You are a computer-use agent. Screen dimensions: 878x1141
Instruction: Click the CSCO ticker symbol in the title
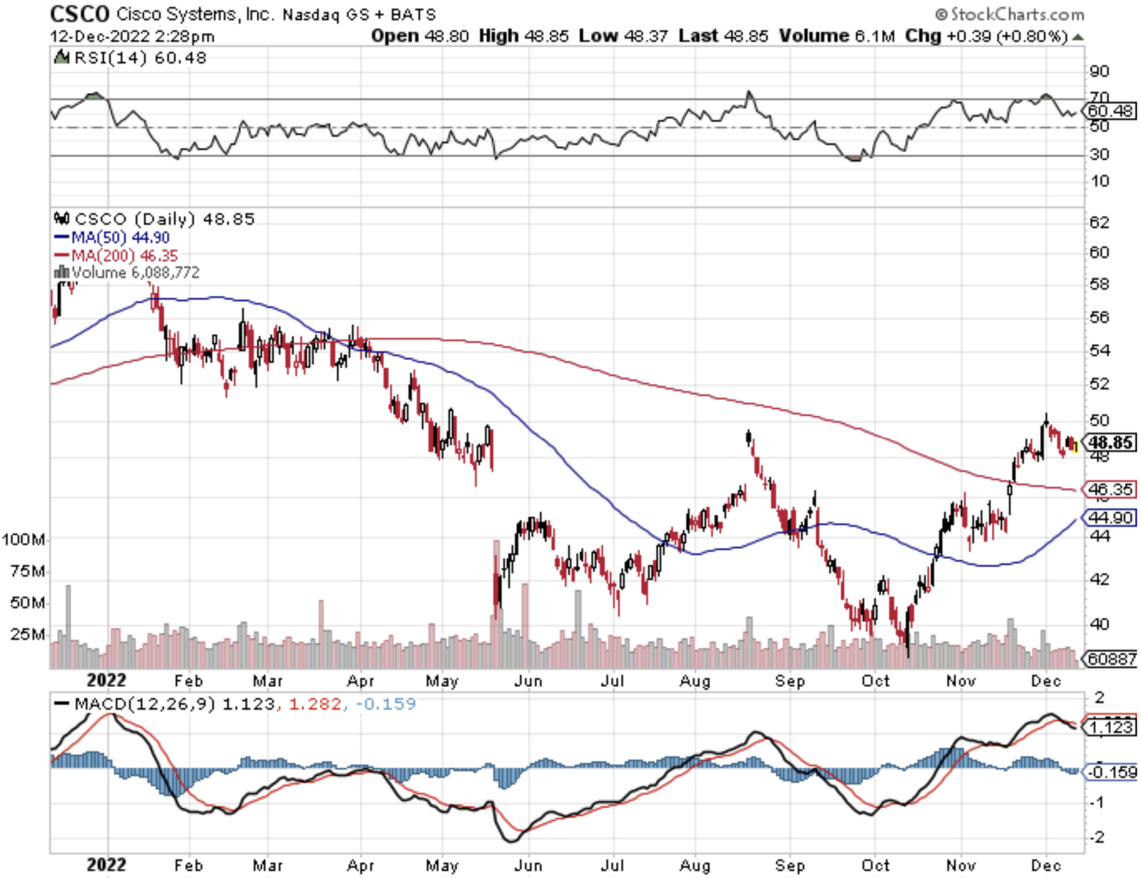pos(79,13)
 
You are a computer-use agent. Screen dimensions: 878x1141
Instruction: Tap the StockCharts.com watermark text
pos(1017,14)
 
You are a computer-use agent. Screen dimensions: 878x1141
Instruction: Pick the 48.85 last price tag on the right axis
pos(1110,442)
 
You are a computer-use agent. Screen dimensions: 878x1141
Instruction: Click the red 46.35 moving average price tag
pos(1110,489)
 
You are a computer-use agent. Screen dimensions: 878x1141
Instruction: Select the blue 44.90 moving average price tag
pos(1110,517)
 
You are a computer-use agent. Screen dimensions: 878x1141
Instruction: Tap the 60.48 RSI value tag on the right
pos(1110,111)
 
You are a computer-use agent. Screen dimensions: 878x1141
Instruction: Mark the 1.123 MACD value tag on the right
pos(1110,727)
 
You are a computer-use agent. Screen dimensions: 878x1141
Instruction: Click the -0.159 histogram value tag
pos(1110,772)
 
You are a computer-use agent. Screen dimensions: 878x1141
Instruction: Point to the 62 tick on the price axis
pos(1099,222)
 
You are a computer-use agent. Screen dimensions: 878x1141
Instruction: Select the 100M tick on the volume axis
pos(23,539)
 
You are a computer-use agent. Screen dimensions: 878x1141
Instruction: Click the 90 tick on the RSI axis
pos(1099,71)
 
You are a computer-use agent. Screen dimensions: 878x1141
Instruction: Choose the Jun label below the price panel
pos(528,681)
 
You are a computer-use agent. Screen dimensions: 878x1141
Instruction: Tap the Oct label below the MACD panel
pos(875,866)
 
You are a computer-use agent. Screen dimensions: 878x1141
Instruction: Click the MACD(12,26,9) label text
pos(145,704)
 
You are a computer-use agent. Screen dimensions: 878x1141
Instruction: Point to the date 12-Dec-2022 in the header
pos(99,36)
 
